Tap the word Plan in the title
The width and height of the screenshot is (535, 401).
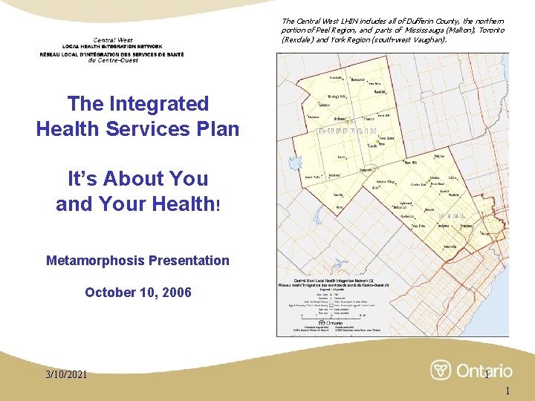click(x=217, y=128)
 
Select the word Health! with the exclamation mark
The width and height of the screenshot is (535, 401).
click(x=177, y=203)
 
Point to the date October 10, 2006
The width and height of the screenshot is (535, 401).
click(x=137, y=293)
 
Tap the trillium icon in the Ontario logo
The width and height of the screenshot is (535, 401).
click(x=442, y=370)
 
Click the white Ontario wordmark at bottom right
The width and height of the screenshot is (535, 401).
click(x=484, y=370)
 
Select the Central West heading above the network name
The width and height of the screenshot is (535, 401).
click(x=113, y=40)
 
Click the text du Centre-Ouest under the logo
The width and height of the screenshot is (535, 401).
click(x=113, y=60)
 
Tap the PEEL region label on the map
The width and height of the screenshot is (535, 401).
click(x=453, y=215)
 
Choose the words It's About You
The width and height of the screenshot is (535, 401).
click(x=137, y=178)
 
